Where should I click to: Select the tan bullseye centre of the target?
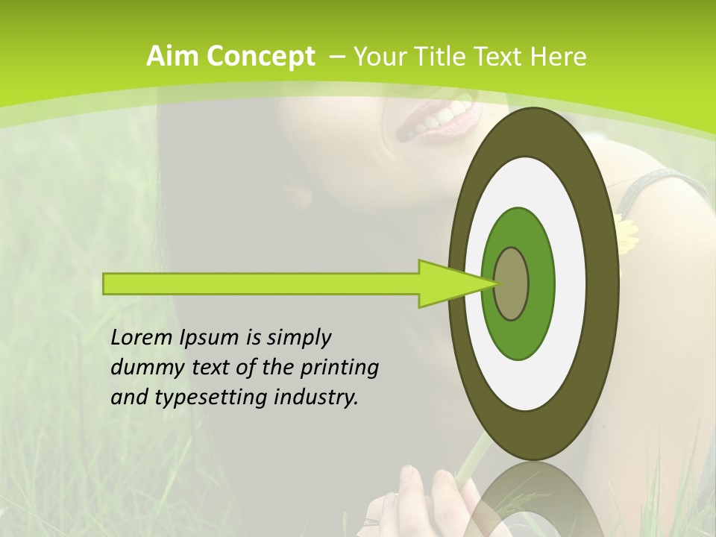(511, 283)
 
